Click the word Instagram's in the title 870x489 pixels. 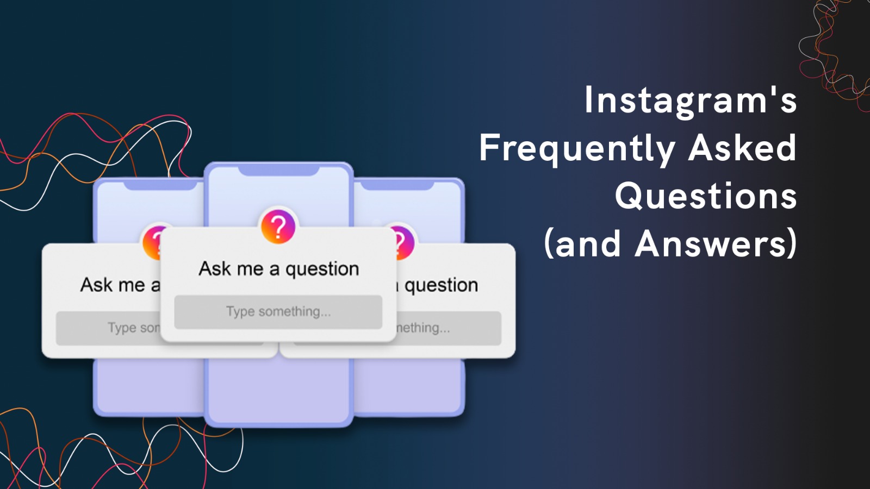(690, 101)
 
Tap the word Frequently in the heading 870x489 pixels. (577, 148)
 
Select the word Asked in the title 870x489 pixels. (742, 148)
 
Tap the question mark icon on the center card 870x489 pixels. (278, 227)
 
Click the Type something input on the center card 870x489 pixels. (278, 312)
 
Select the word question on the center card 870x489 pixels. (322, 269)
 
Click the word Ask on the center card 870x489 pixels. (215, 268)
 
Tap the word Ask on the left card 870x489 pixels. (97, 285)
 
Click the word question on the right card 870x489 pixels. (441, 285)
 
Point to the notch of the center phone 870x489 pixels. (278, 171)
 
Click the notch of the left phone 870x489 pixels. (160, 186)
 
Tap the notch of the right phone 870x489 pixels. (397, 186)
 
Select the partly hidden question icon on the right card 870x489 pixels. (405, 242)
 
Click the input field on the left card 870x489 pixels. (109, 328)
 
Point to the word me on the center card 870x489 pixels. (250, 269)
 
